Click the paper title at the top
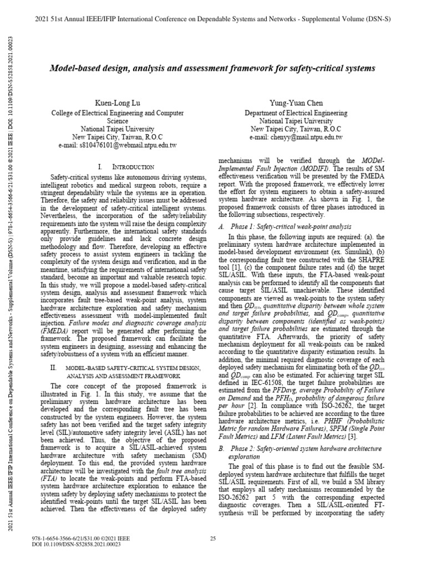(x=212, y=68)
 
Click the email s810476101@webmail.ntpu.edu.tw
(x=117, y=145)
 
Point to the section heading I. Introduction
(x=125, y=166)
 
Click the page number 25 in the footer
(x=212, y=539)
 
